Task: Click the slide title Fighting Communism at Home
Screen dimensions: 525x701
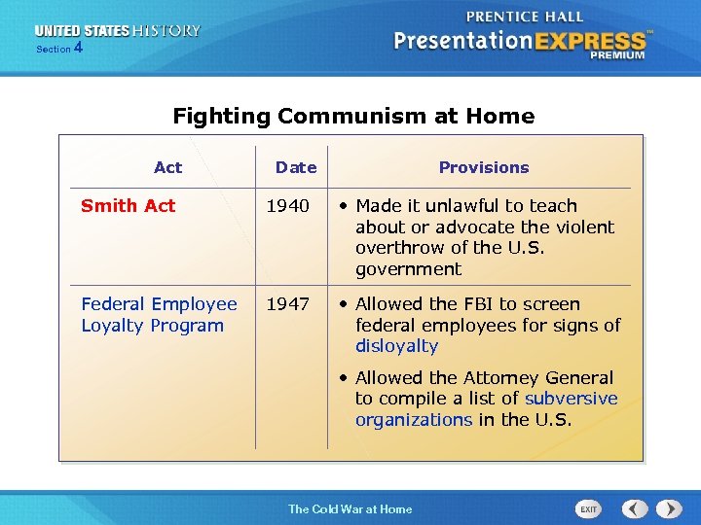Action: (353, 117)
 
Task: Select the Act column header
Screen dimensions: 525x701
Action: (167, 167)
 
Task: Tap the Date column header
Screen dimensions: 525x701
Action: (296, 167)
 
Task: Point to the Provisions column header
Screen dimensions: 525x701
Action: (484, 167)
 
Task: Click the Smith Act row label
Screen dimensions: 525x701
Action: (129, 205)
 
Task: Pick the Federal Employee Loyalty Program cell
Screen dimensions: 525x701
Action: (159, 315)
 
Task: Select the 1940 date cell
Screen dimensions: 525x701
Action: (288, 205)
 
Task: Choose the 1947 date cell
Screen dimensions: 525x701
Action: (288, 304)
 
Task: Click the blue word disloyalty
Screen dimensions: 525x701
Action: (396, 346)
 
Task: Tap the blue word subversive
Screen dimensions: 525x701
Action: (571, 399)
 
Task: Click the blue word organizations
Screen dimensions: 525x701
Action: (414, 420)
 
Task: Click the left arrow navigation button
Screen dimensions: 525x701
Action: (635, 508)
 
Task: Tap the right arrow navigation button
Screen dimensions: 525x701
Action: (669, 508)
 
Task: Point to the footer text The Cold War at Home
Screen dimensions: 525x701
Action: (350, 509)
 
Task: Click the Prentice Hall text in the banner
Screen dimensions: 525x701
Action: (525, 17)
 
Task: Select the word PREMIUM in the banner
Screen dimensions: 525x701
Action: (616, 56)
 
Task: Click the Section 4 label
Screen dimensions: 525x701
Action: (58, 48)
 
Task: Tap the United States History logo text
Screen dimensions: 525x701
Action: (118, 31)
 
